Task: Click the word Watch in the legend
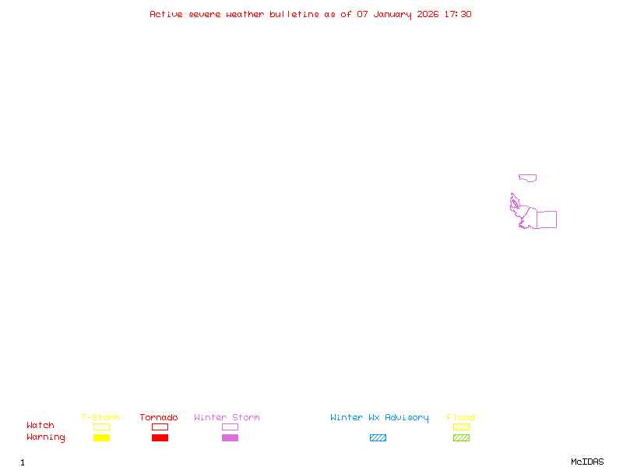tap(40, 426)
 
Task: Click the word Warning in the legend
tap(46, 437)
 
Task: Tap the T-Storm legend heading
tap(100, 418)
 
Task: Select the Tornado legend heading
tap(159, 418)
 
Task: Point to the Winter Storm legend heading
tap(227, 418)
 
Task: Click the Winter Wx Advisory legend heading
tap(379, 418)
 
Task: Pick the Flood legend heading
tap(461, 418)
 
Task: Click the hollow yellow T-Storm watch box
tap(101, 427)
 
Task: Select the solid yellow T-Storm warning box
tap(101, 438)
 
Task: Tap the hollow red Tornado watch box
tap(160, 427)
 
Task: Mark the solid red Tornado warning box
tap(160, 438)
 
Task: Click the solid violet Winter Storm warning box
tap(230, 438)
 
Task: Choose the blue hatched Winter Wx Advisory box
tap(378, 438)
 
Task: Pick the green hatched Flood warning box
tap(461, 438)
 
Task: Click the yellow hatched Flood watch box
tap(461, 427)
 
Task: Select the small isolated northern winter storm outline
tap(528, 177)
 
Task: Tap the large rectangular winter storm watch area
tap(546, 219)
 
